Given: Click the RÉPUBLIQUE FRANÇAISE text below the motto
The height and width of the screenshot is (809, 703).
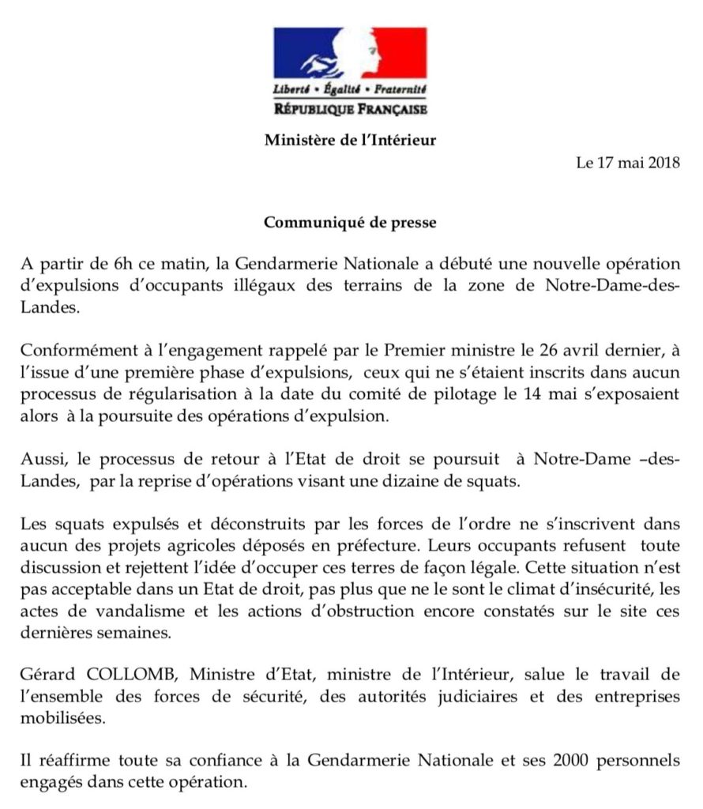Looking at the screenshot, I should click(350, 107).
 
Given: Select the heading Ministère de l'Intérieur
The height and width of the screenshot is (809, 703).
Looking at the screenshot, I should click(350, 141).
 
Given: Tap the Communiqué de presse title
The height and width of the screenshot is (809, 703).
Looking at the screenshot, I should click(350, 222).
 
